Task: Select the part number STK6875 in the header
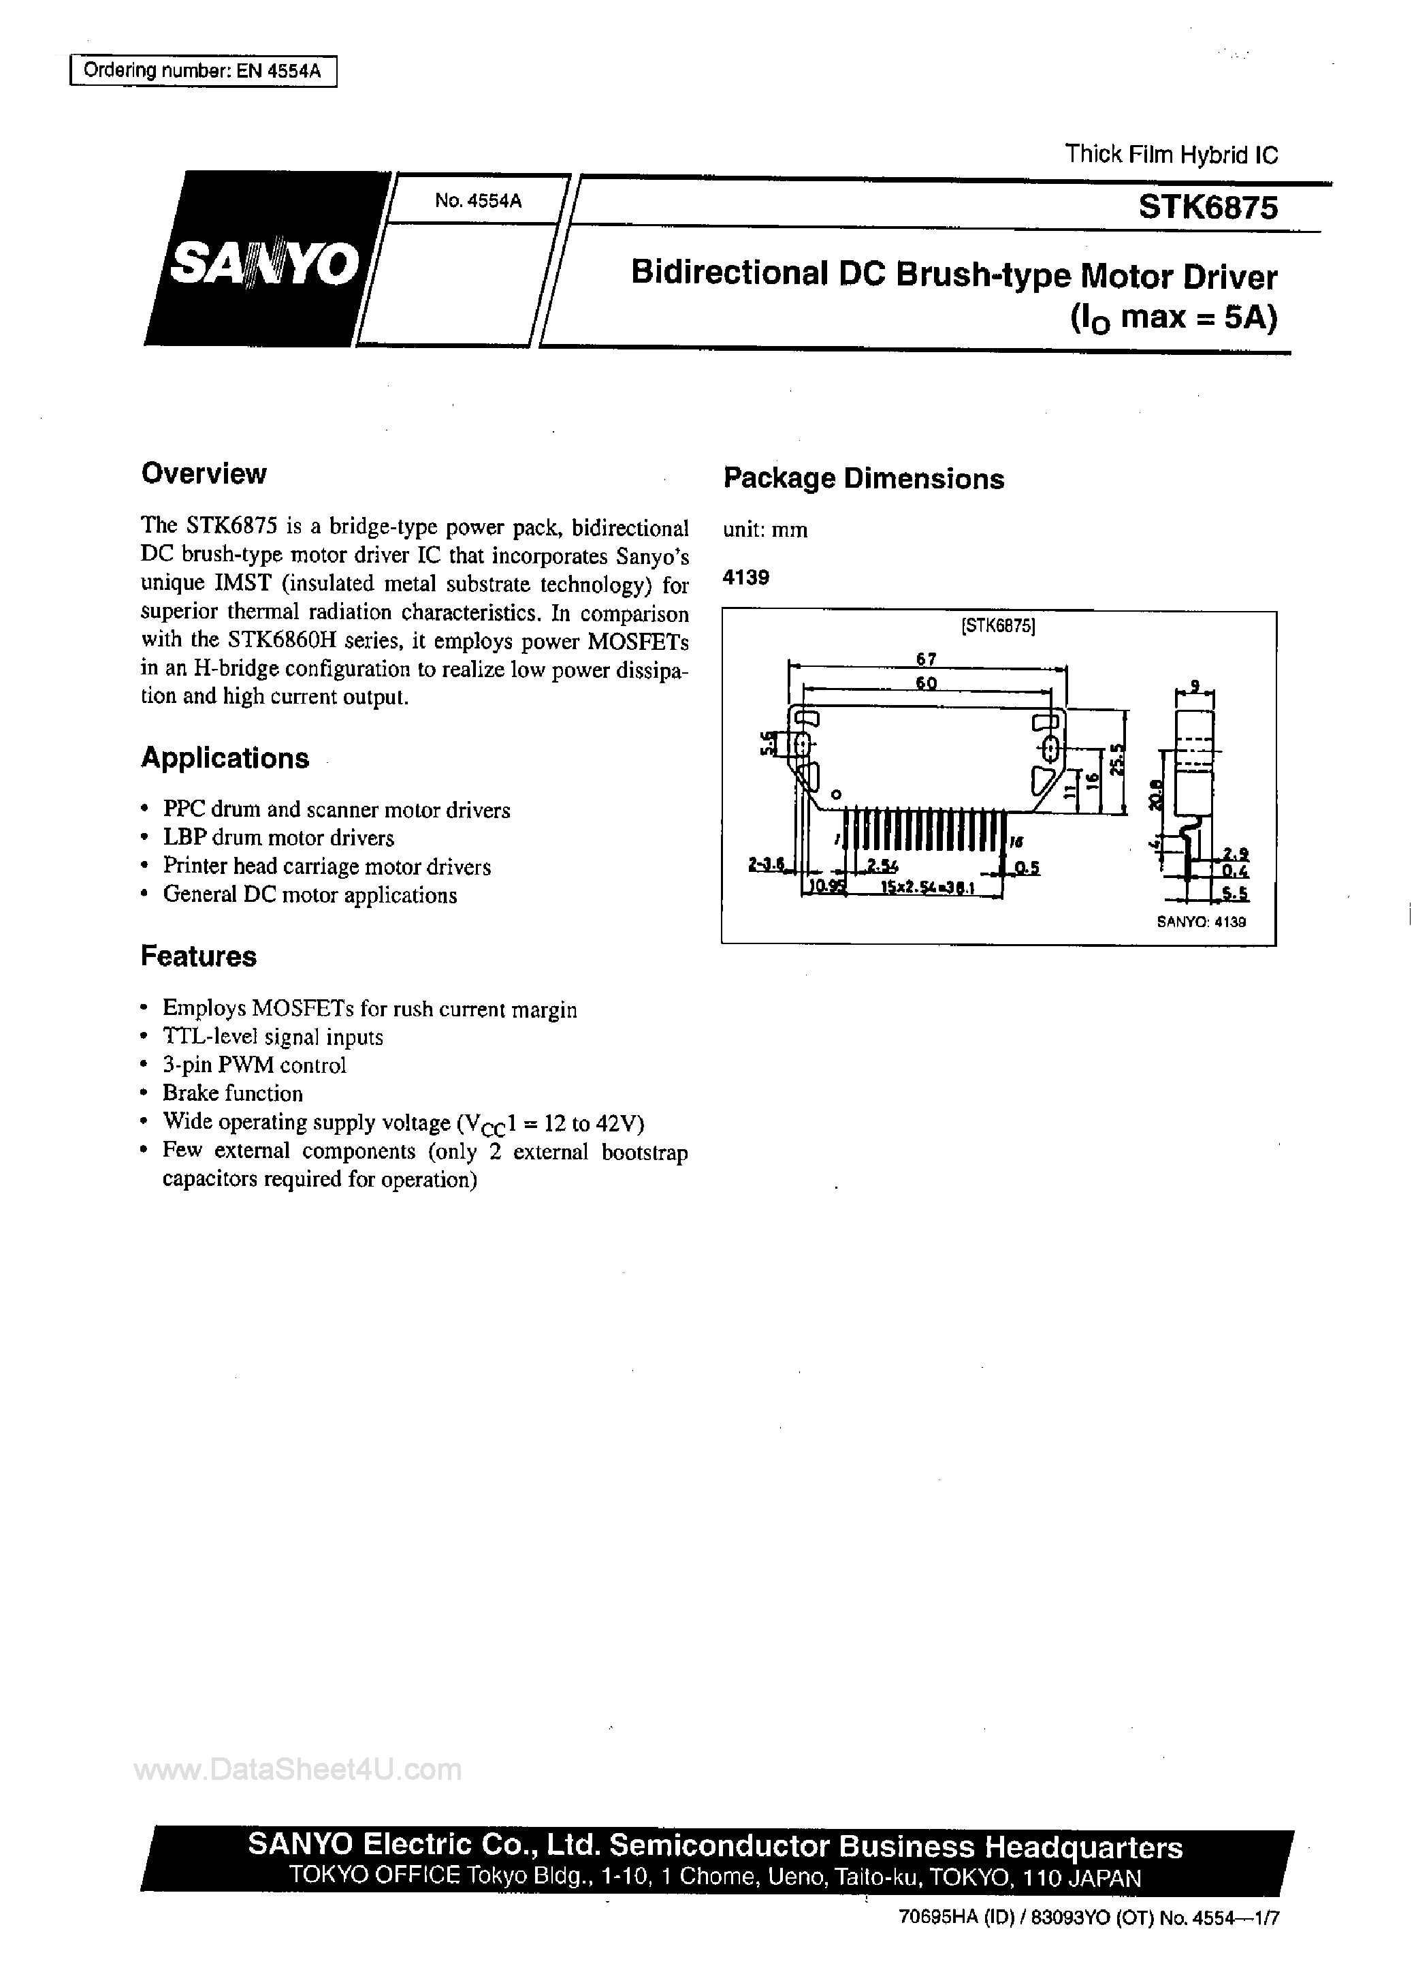[x=1208, y=208]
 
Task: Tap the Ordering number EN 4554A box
[x=202, y=72]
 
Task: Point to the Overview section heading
[x=203, y=473]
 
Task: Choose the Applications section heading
[x=225, y=758]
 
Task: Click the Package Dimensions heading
[x=863, y=479]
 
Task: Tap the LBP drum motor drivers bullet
[x=278, y=839]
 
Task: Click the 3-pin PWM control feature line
[x=254, y=1065]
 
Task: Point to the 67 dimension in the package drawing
[x=926, y=659]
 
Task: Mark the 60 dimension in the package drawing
[x=926, y=683]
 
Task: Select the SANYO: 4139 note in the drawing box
[x=1201, y=921]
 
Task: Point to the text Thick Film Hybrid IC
[x=1171, y=155]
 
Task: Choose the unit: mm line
[x=765, y=529]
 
